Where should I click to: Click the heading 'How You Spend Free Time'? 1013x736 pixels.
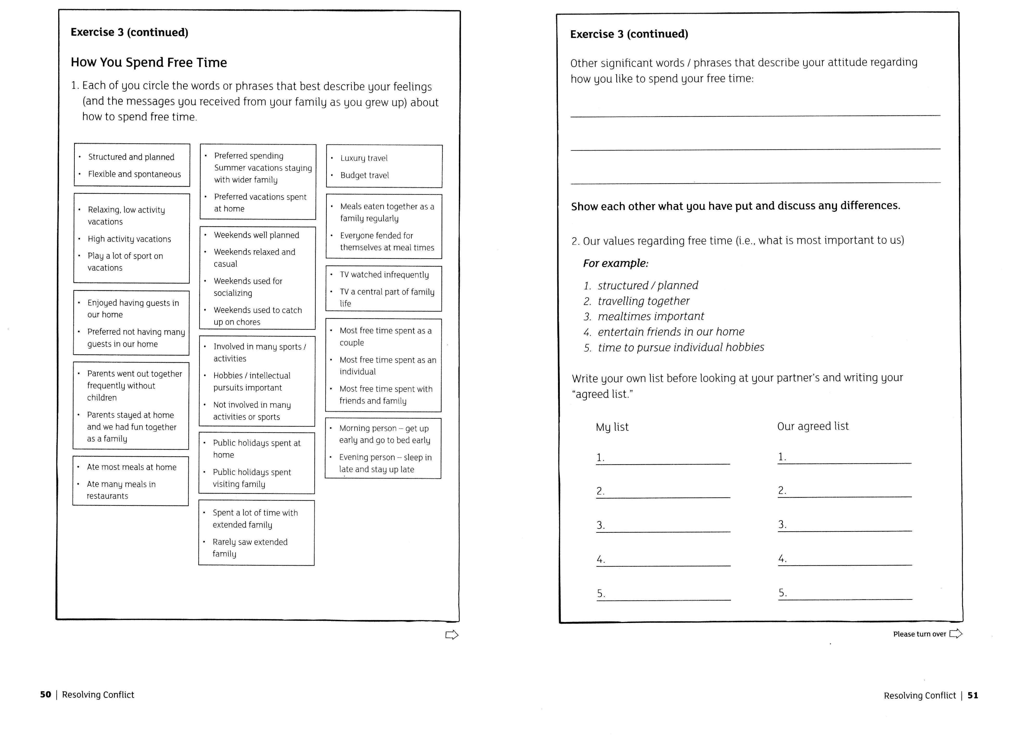[x=149, y=63]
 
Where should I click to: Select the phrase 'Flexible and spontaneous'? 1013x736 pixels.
[x=134, y=174]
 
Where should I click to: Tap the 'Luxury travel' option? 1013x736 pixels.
[x=364, y=158]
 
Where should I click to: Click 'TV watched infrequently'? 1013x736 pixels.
[x=384, y=275]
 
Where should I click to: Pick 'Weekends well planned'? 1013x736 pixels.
[x=256, y=235]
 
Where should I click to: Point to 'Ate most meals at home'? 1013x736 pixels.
[x=132, y=467]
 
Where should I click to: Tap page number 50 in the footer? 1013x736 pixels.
[x=45, y=694]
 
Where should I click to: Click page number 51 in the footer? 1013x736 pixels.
[x=973, y=695]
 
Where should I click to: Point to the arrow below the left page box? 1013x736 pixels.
[x=452, y=635]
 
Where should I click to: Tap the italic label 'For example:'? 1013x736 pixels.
[x=615, y=264]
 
